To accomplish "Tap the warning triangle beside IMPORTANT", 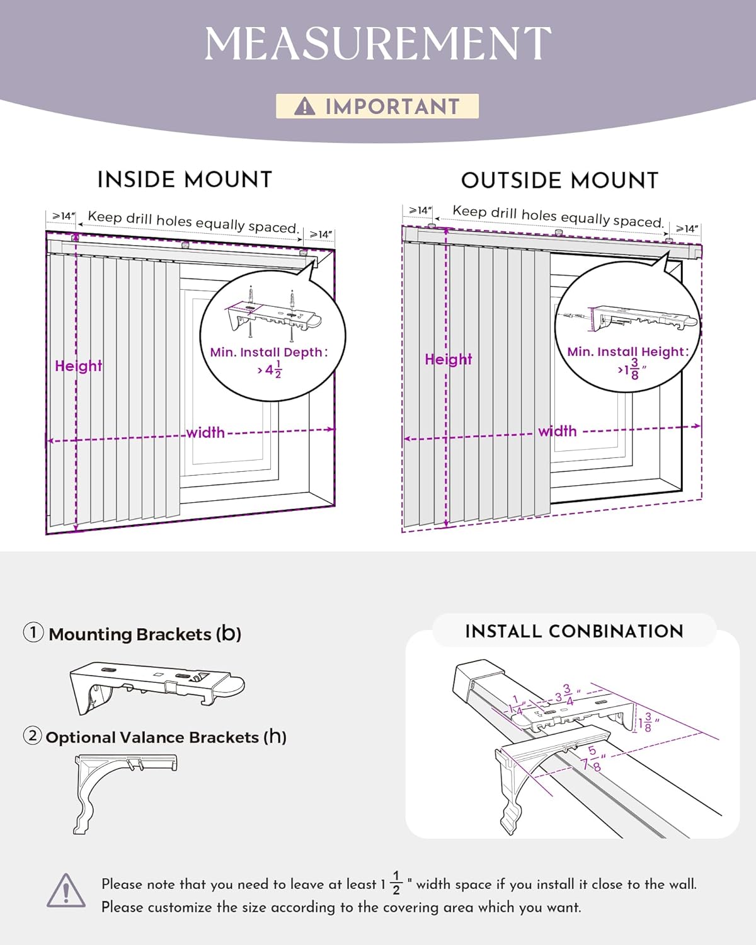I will pos(305,106).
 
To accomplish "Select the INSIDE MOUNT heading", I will pos(185,180).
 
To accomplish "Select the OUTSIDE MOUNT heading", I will pos(559,181).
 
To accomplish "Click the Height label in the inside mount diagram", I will pos(78,366).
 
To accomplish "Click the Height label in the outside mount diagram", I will pos(448,359).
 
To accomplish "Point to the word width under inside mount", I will pos(205,433).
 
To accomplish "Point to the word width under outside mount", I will pos(558,432).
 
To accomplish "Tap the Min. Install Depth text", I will pos(269,352).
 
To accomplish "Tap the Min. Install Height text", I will pos(627,352).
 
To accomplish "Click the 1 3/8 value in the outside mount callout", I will pos(632,369).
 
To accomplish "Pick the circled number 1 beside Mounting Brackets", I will pos(33,633).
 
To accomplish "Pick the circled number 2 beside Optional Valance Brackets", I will pos(33,736).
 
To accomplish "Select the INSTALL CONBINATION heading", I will pos(574,631).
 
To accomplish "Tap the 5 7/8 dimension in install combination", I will pos(592,759).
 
